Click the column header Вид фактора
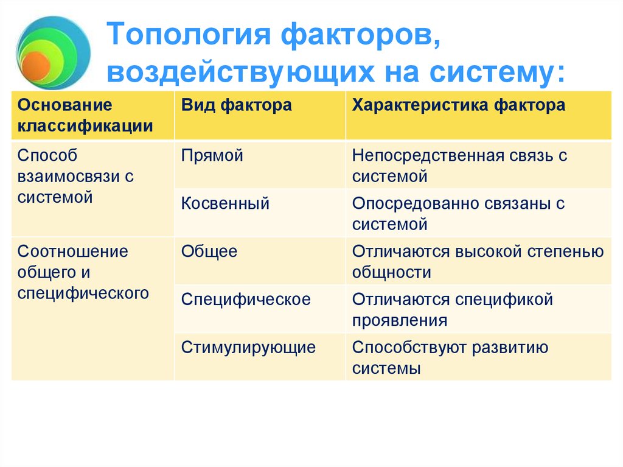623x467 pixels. point(236,105)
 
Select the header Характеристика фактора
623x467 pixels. point(458,105)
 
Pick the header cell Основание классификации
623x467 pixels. point(85,116)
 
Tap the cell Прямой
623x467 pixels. point(212,155)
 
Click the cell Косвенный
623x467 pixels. point(225,203)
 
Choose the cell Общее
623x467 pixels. point(209,251)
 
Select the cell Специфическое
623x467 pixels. point(246,300)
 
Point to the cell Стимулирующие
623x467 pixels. point(248,348)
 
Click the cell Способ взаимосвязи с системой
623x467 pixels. point(75,177)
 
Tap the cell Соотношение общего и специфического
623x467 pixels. point(83,272)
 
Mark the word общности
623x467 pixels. point(391,273)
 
